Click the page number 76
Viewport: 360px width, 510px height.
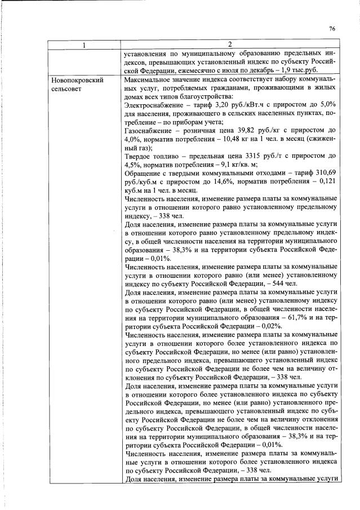pyautogui.click(x=332, y=29)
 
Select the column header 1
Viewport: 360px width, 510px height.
pyautogui.click(x=85, y=45)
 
